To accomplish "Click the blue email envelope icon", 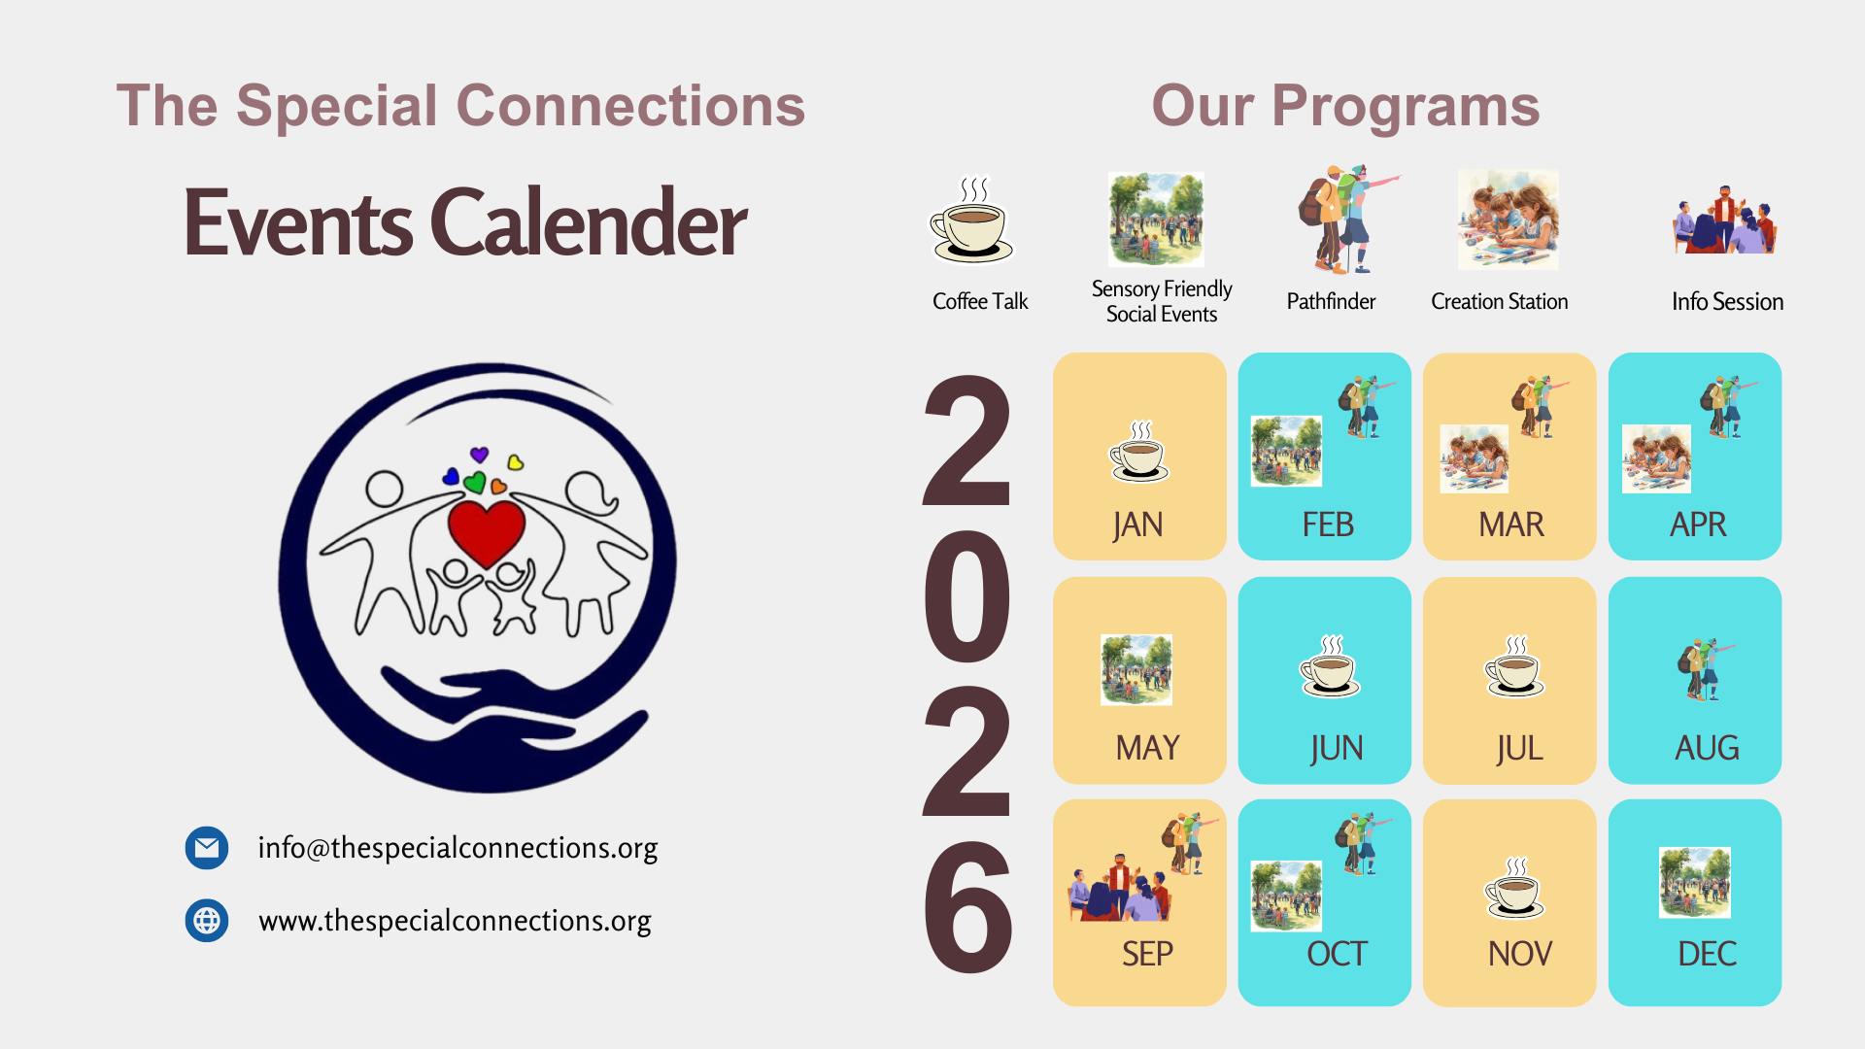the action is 207,848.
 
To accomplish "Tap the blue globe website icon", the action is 207,920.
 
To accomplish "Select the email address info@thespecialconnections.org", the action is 458,848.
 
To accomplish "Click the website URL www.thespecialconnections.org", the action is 455,921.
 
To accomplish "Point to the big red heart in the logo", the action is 486,531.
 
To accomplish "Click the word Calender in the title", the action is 589,223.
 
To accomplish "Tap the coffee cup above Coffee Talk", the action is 971,220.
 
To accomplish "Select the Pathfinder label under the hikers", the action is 1331,301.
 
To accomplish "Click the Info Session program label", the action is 1727,301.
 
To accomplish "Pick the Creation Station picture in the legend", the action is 1508,220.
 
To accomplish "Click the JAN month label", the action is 1137,524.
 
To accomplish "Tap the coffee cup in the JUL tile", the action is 1515,666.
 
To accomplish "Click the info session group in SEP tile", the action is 1120,888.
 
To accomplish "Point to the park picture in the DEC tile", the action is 1695,883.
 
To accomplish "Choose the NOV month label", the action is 1520,954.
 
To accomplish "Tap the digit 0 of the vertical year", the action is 967,595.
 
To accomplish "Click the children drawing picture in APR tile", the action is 1656,459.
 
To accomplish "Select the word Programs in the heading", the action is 1406,107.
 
